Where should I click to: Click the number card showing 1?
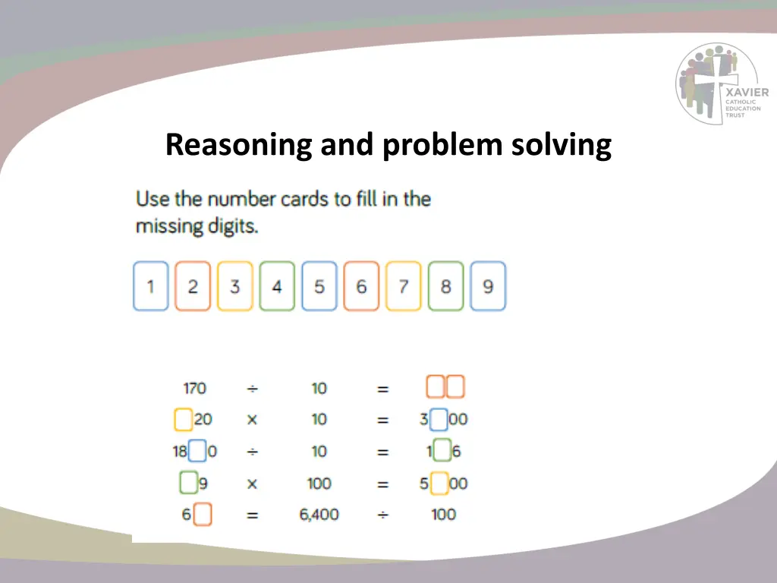coord(150,286)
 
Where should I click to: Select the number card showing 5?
coord(319,286)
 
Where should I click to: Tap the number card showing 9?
coord(488,286)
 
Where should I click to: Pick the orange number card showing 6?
coord(361,286)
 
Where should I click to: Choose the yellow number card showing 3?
coord(235,286)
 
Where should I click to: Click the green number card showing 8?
coord(445,286)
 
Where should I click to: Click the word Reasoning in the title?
coord(238,144)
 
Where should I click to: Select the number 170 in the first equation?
coord(194,388)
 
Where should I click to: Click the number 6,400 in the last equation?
coord(319,515)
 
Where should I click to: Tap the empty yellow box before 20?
coord(182,420)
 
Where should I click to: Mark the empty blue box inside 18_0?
coord(197,452)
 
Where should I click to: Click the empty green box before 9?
coord(188,483)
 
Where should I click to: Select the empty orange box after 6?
coord(203,515)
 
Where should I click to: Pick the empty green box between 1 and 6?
coord(442,452)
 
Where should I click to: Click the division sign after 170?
coord(252,388)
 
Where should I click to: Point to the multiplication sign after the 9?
coord(252,484)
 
